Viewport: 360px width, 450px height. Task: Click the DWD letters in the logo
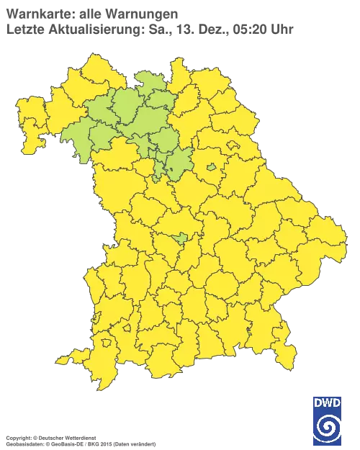[326, 401]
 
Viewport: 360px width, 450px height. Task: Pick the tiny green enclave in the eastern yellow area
[211, 168]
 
